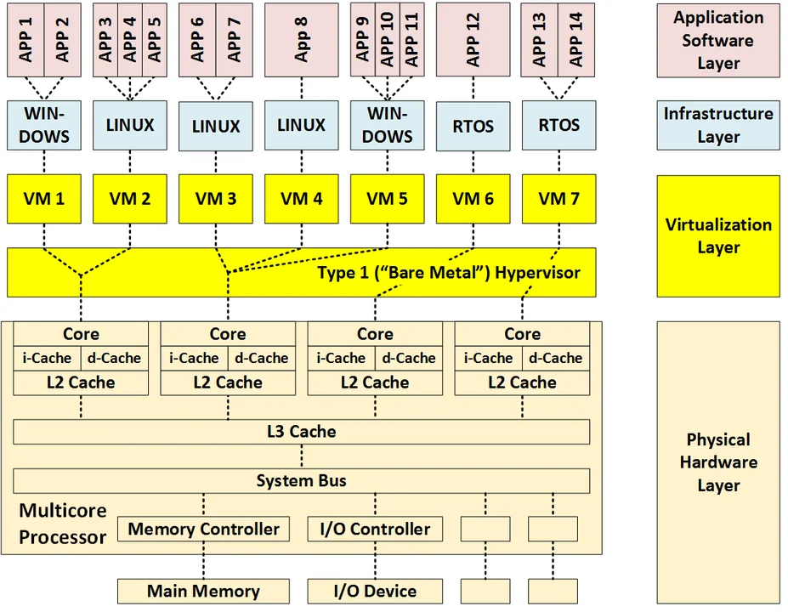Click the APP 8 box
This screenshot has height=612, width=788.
pyautogui.click(x=301, y=39)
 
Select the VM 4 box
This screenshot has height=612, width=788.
pyautogui.click(x=301, y=199)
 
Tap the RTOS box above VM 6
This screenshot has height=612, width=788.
pyautogui.click(x=473, y=126)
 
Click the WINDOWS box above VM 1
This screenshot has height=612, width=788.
pyautogui.click(x=44, y=125)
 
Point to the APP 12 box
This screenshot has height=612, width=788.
pyautogui.click(x=473, y=39)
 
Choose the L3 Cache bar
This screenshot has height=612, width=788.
pyautogui.click(x=301, y=432)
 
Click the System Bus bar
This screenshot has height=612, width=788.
pyautogui.click(x=301, y=481)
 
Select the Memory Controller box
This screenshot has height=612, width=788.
pyautogui.click(x=203, y=530)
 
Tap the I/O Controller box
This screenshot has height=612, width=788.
pyautogui.click(x=375, y=530)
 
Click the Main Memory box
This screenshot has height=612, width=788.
pyautogui.click(x=203, y=591)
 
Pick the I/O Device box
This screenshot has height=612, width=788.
pyautogui.click(x=375, y=591)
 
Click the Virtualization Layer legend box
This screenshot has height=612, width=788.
pyautogui.click(x=717, y=235)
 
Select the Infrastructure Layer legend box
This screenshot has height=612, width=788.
pyautogui.click(x=717, y=125)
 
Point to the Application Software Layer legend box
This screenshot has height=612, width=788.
pyautogui.click(x=717, y=40)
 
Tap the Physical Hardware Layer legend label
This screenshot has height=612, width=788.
pyautogui.click(x=717, y=462)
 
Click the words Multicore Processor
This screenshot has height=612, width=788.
pyautogui.click(x=63, y=524)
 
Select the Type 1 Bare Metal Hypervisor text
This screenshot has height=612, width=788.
pyautogui.click(x=449, y=273)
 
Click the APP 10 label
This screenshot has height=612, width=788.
pyautogui.click(x=388, y=39)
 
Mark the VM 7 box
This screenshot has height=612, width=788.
pyautogui.click(x=558, y=199)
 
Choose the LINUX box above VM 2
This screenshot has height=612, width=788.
pyautogui.click(x=130, y=125)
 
